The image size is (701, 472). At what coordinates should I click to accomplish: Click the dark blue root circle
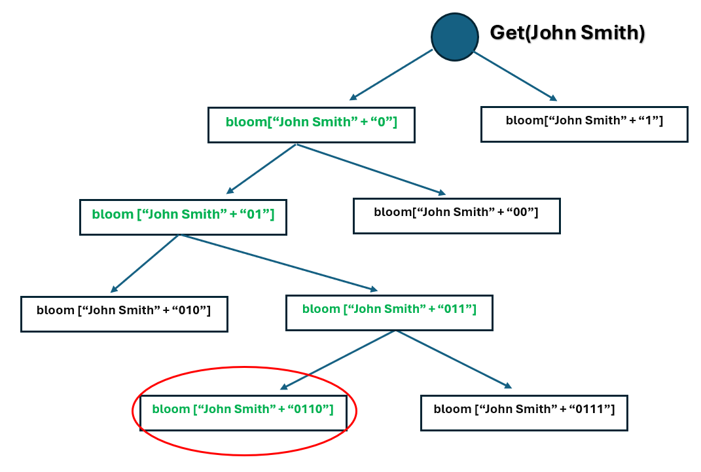(x=455, y=37)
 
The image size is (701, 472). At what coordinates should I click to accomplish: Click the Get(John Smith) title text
(x=567, y=33)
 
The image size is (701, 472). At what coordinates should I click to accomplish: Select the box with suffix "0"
(x=311, y=124)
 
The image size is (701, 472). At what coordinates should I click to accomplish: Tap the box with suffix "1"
(x=584, y=124)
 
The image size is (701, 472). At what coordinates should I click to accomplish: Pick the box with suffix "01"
(x=183, y=217)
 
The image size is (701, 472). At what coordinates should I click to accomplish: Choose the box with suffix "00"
(x=456, y=215)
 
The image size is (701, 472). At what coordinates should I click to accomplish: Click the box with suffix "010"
(x=124, y=314)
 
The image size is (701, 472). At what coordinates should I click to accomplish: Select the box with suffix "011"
(x=389, y=312)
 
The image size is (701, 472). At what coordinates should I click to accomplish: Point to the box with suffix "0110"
(x=243, y=412)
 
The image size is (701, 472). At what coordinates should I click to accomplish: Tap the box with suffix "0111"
(x=524, y=412)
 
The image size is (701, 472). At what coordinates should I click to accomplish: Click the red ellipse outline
(x=245, y=367)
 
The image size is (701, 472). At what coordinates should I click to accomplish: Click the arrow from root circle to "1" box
(x=515, y=76)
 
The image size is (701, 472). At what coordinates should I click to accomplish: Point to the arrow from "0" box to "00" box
(x=370, y=169)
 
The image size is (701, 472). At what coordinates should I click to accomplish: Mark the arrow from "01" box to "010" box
(x=145, y=263)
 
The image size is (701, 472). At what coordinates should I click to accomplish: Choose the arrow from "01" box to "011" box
(x=279, y=262)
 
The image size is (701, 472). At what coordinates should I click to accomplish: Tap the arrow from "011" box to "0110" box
(x=338, y=359)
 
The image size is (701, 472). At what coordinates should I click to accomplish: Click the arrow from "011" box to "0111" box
(x=454, y=359)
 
